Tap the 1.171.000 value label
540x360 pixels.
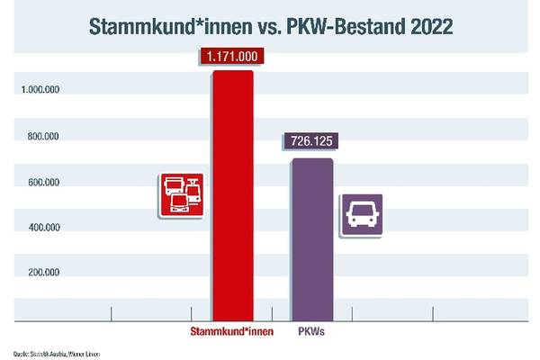[x=232, y=57]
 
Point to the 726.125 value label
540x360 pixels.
[x=312, y=141]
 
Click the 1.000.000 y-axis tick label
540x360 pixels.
[x=41, y=90]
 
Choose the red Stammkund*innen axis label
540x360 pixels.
[x=231, y=332]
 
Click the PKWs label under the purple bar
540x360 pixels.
[x=312, y=332]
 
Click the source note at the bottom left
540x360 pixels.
[x=56, y=353]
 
